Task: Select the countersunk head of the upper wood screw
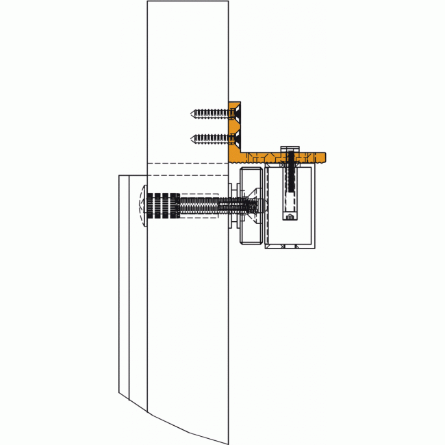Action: coord(233,112)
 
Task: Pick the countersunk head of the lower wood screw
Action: coord(233,139)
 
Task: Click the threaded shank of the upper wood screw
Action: coord(209,112)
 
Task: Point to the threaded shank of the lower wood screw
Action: coord(209,139)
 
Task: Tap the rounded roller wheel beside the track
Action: coord(251,205)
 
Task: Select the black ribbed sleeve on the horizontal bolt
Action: coord(163,205)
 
